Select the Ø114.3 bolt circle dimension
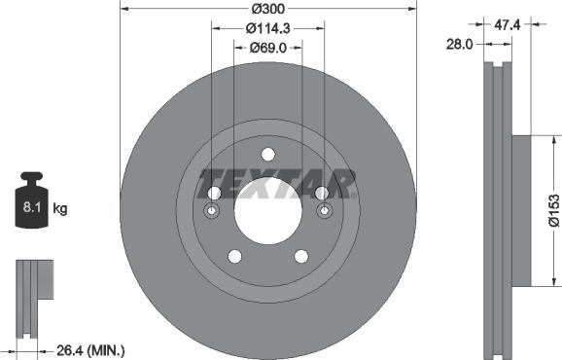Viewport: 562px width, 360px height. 267,28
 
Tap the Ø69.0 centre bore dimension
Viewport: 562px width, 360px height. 267,47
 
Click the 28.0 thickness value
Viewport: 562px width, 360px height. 459,44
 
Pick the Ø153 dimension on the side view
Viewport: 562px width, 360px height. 551,209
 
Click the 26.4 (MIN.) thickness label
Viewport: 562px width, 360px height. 89,349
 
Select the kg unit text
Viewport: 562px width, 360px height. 60,208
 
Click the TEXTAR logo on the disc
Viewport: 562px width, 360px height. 276,183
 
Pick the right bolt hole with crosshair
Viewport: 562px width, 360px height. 324,213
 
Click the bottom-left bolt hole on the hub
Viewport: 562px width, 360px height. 234,257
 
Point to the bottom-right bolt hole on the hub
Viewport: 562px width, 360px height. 301,257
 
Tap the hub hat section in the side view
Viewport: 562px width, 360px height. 519,209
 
